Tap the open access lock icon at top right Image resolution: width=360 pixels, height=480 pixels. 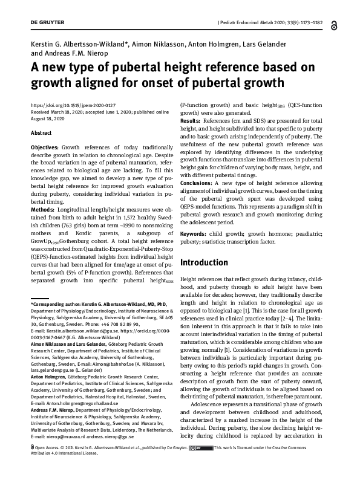[x=335, y=25]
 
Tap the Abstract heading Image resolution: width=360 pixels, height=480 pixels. [x=41, y=132]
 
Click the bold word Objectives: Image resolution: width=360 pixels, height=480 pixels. [x=45, y=148]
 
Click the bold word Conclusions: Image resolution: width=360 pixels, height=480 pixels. [x=199, y=183]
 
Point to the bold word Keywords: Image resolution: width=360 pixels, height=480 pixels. [x=195, y=232]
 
